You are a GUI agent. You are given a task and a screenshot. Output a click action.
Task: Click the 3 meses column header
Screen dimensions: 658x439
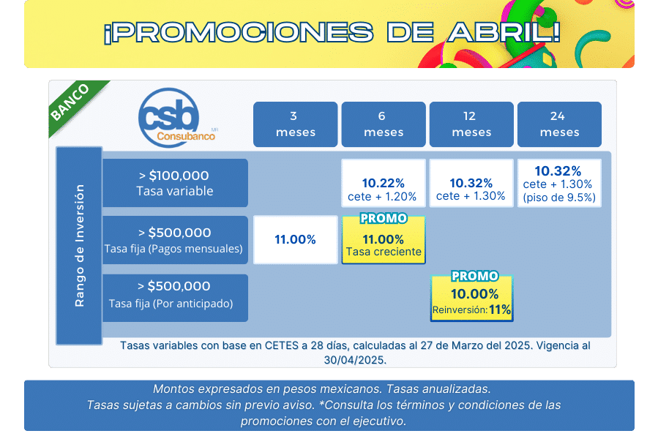(295, 124)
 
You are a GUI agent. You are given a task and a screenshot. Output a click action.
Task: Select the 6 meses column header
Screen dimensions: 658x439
(383, 124)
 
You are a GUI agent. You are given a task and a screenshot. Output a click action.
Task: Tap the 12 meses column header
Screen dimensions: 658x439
(471, 124)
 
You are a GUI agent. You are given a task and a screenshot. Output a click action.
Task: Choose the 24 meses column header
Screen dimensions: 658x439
(559, 124)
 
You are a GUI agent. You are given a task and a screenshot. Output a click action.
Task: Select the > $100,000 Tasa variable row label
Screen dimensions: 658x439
(175, 183)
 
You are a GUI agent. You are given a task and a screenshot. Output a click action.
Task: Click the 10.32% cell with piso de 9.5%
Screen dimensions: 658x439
(559, 183)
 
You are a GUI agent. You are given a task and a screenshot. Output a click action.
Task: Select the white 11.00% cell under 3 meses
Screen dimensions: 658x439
(295, 240)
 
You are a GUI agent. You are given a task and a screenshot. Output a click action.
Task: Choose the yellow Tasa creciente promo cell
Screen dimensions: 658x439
(384, 241)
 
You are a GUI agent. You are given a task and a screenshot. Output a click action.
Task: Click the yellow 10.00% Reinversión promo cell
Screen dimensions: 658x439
(471, 299)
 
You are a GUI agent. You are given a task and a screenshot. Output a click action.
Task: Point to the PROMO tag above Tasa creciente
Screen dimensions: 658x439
(384, 218)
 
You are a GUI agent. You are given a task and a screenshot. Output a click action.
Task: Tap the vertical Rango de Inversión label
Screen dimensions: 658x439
(79, 246)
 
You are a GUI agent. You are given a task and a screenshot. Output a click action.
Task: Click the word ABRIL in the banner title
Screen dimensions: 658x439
(504, 32)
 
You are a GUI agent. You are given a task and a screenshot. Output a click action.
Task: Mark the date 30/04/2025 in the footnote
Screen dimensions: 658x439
(355, 360)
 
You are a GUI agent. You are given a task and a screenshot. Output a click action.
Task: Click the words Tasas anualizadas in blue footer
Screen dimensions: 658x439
(438, 389)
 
